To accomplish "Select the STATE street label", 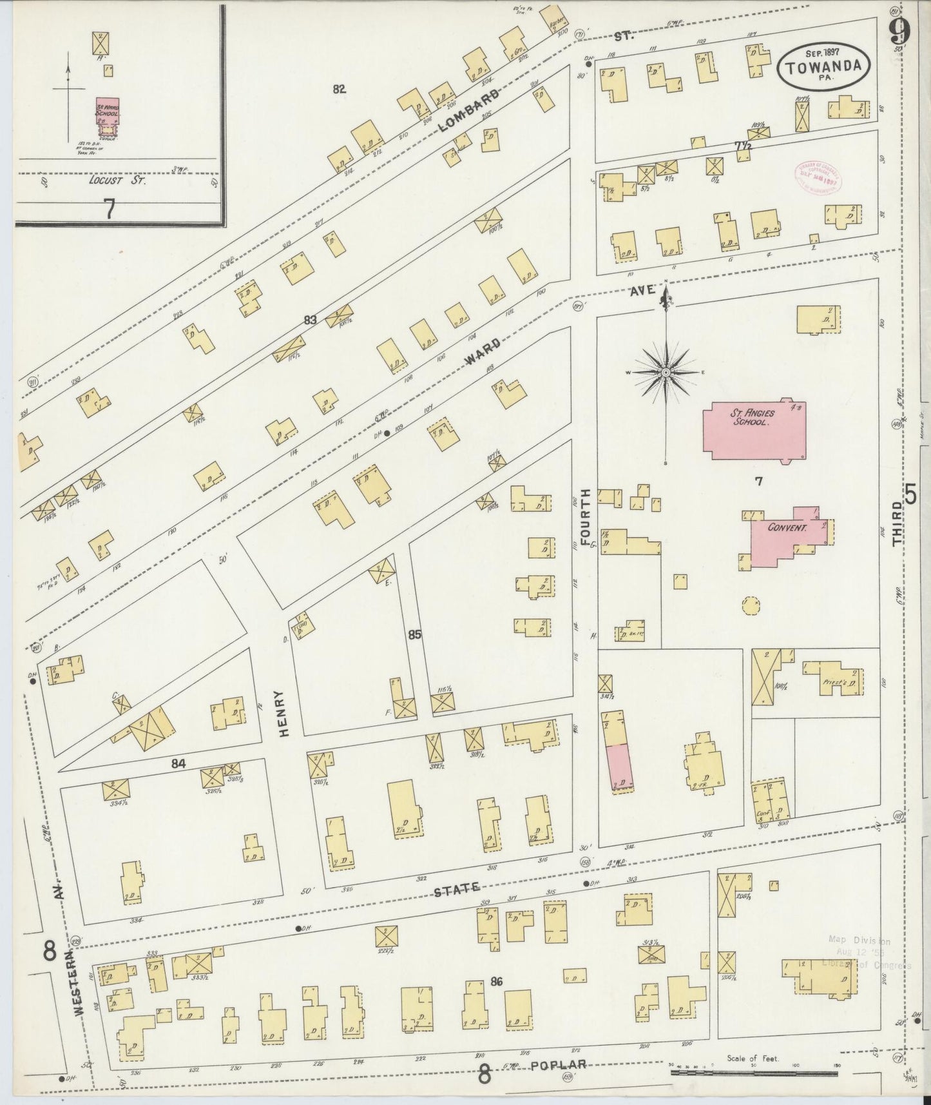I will [x=456, y=890].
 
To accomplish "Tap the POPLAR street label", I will [x=559, y=1065].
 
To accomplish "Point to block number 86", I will [x=495, y=982].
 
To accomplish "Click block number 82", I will [x=339, y=90].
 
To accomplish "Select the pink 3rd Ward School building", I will [x=107, y=112].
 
